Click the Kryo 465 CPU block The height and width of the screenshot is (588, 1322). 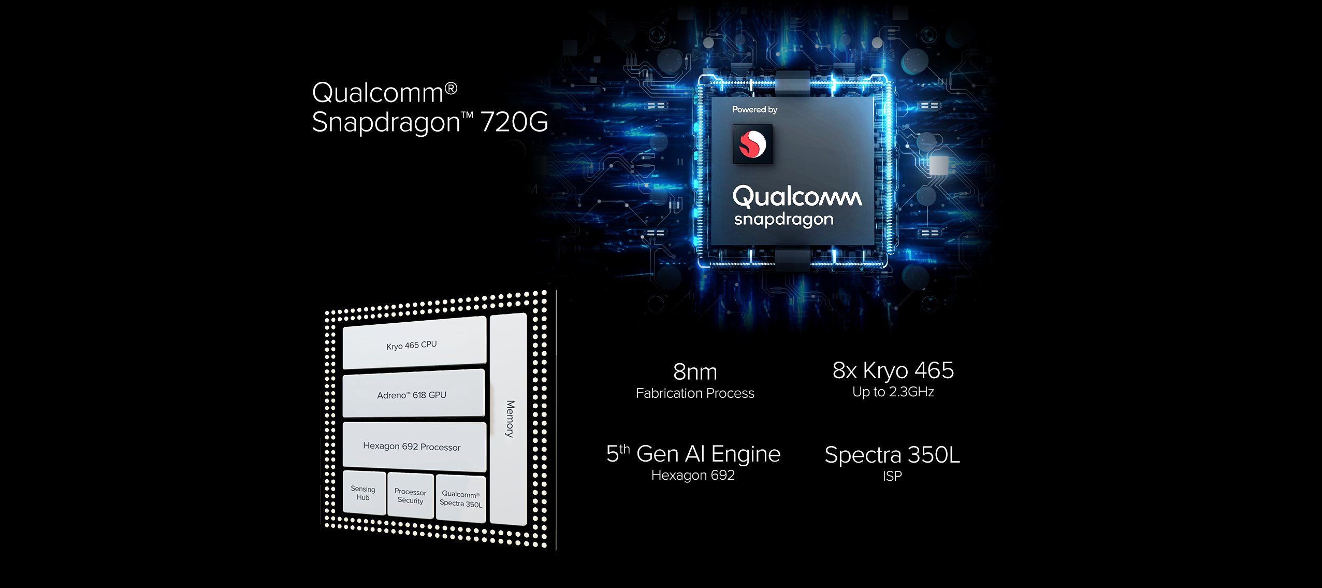click(414, 343)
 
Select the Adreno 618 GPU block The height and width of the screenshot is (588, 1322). click(414, 394)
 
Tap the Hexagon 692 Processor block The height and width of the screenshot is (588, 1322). click(414, 446)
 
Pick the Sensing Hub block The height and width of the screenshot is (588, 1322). click(364, 493)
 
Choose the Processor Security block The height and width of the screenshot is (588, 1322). click(411, 496)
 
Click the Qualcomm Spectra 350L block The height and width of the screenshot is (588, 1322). click(461, 499)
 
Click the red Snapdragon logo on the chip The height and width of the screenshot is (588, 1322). click(752, 144)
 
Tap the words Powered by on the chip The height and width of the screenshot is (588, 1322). click(754, 109)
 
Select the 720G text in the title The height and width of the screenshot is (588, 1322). click(514, 122)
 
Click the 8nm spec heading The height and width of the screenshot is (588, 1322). click(695, 372)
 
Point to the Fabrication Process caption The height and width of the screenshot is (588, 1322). click(695, 393)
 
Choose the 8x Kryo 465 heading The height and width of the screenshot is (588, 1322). click(893, 370)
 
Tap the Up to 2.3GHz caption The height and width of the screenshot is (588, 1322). click(893, 392)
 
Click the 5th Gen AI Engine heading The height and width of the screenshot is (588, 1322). click(693, 453)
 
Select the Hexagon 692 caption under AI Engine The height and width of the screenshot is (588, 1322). click(693, 475)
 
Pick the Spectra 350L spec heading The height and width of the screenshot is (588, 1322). click(892, 455)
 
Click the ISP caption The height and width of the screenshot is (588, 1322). click(892, 476)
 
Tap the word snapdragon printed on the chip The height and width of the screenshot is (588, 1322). click(783, 220)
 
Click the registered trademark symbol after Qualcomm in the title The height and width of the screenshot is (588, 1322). click(451, 89)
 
